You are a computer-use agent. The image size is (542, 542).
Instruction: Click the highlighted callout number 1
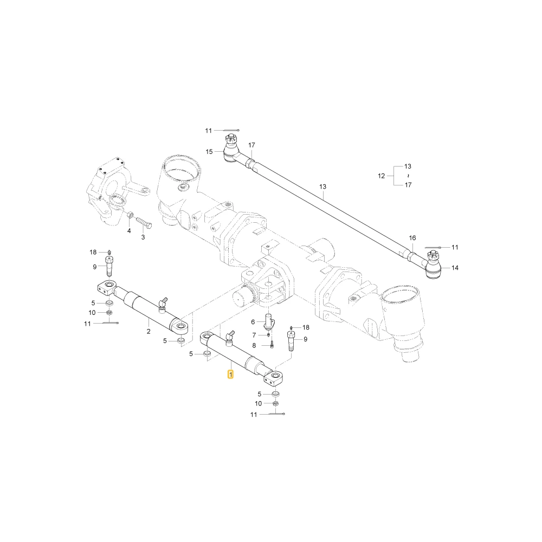(x=230, y=374)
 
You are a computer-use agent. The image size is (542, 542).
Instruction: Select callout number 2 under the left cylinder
(x=149, y=331)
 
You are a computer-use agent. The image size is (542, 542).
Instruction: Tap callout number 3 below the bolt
(x=143, y=237)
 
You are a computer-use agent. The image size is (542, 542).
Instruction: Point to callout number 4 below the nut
(x=129, y=230)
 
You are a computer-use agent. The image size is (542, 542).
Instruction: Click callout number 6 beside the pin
(x=253, y=322)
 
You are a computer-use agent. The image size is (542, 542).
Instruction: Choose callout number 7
(x=254, y=335)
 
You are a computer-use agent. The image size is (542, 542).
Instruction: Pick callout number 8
(x=254, y=345)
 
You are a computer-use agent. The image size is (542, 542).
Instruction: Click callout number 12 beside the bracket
(x=381, y=176)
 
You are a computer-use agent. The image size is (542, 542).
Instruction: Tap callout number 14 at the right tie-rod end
(x=455, y=268)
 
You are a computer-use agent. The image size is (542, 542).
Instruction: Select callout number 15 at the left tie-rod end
(x=209, y=152)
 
